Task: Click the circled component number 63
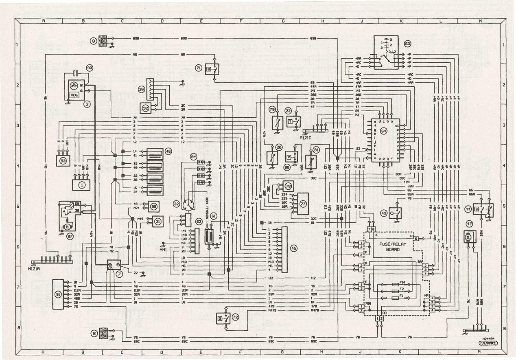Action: tap(407, 44)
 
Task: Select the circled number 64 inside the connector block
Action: tap(384, 131)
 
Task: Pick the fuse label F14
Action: tap(402, 282)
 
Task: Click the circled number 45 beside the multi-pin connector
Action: tap(294, 248)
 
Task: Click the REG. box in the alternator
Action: tap(74, 94)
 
